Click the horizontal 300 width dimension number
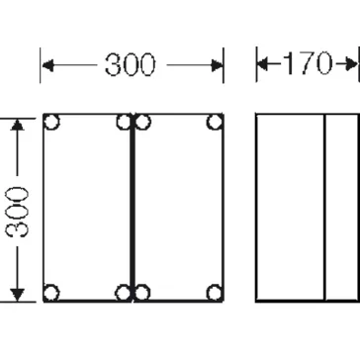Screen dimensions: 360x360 (130, 64)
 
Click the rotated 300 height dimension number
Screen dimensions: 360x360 (17, 212)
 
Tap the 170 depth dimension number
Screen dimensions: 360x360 (308, 63)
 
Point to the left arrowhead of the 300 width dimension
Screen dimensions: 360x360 (47, 65)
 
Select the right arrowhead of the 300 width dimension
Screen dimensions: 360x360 (218, 65)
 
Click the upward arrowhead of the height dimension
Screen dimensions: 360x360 (17, 125)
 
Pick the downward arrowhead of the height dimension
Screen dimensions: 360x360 (17, 295)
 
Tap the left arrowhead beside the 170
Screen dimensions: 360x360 (263, 63)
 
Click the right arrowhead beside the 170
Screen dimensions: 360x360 (351, 63)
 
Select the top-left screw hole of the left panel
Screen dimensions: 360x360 (51, 122)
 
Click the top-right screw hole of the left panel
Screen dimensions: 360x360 (125, 122)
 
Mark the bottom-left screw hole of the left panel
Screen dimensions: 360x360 (51, 293)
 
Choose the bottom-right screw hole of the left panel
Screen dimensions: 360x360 (124, 293)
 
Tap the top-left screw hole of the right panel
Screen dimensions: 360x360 (142, 122)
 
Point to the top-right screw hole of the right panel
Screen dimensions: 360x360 (215, 122)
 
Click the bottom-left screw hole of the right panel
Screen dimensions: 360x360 (142, 293)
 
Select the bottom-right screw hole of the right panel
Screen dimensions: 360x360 (215, 293)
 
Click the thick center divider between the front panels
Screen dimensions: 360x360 (133, 208)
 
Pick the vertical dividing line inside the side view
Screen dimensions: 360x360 (324, 208)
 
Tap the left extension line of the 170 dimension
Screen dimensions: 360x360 (256, 64)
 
